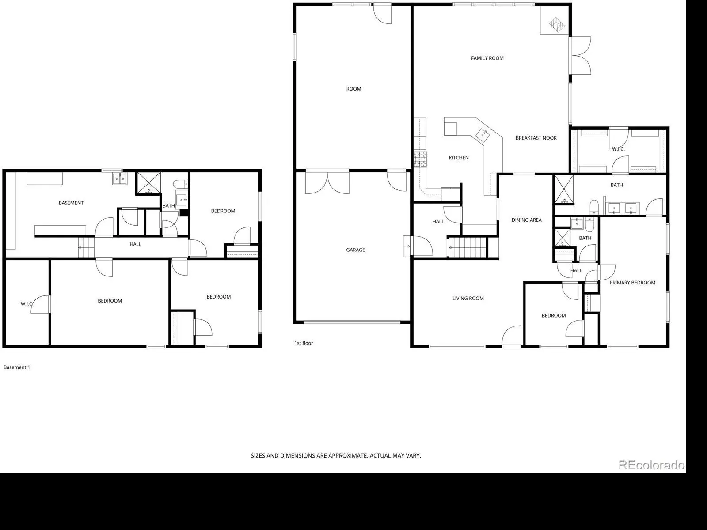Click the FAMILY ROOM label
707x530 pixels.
coord(487,58)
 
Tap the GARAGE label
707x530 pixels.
coord(355,250)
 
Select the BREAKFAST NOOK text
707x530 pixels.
coord(536,138)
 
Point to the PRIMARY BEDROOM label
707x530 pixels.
coord(632,283)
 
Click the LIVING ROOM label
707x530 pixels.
coord(468,299)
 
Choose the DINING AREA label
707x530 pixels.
coord(527,220)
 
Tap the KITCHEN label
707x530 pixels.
coord(459,158)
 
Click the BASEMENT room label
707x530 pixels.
coord(71,203)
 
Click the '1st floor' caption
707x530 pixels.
coord(304,343)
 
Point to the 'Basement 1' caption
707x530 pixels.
coord(17,367)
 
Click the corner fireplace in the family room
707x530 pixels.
coord(557,24)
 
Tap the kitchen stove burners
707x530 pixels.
coord(420,159)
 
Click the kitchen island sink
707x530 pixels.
coord(483,135)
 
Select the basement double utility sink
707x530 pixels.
coord(120,178)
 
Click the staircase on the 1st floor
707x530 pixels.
coord(467,247)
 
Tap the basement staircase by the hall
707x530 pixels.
coord(86,247)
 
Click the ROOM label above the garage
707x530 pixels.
coord(353,89)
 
